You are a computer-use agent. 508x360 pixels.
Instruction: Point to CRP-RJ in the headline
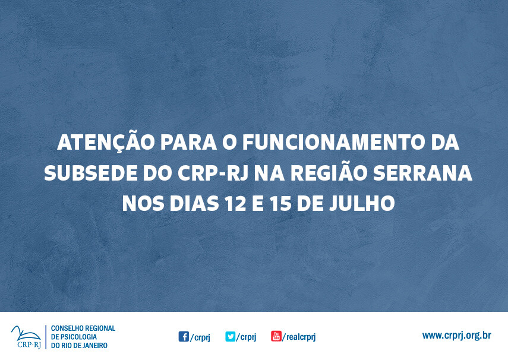pos(214,173)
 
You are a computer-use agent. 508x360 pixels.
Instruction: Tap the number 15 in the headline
pos(283,204)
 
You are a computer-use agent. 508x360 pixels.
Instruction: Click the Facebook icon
pos(184,336)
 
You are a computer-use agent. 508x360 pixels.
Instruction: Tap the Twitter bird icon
pos(230,336)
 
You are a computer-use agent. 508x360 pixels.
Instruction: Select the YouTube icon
pos(276,336)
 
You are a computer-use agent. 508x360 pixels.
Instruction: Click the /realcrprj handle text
pos(299,337)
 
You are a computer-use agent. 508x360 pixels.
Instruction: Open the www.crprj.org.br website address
pos(456,336)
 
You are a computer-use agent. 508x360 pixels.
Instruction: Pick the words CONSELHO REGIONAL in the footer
pos(83,328)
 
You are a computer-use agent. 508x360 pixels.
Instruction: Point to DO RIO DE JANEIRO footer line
pos(79,345)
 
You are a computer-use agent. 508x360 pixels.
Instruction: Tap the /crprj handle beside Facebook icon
pos(200,337)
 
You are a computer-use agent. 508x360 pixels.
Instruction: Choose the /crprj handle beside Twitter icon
pos(246,337)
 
